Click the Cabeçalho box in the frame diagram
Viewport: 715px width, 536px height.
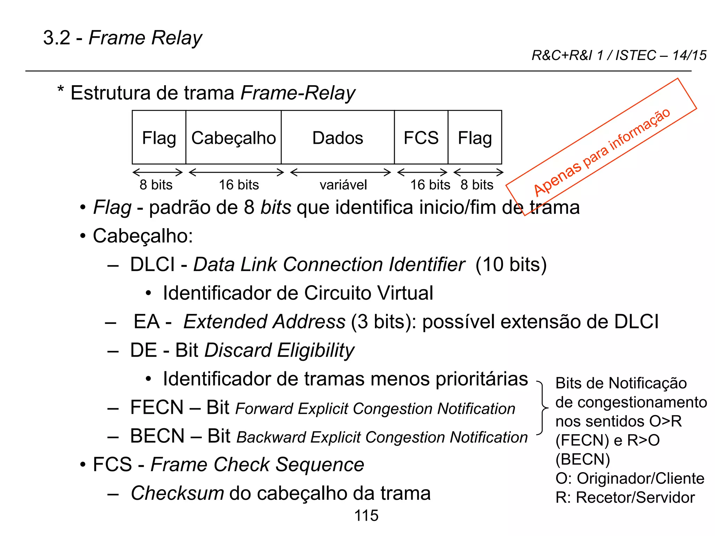click(234, 137)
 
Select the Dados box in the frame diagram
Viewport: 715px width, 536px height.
click(338, 137)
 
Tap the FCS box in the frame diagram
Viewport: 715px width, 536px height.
click(421, 137)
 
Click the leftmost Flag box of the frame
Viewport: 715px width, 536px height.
click(159, 137)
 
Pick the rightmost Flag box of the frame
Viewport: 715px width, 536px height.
click(475, 137)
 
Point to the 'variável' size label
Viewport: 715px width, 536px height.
click(343, 185)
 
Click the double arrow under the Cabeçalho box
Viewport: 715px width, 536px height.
click(236, 172)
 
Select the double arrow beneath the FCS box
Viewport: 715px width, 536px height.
click(422, 172)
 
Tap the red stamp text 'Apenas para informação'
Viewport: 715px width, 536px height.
click(602, 152)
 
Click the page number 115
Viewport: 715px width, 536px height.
click(366, 516)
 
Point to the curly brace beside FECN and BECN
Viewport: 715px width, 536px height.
click(542, 408)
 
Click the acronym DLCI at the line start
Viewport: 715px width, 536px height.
click(152, 265)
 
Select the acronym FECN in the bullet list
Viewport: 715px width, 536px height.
click(157, 407)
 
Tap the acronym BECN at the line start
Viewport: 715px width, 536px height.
click(157, 436)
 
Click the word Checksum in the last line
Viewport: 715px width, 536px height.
click(177, 493)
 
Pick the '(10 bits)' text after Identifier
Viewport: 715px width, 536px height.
click(511, 265)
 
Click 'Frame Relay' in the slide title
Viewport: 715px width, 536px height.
click(145, 38)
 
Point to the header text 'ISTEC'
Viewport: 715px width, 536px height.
click(635, 55)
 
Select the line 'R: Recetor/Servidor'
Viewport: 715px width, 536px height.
click(625, 498)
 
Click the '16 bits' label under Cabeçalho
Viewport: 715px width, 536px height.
click(239, 185)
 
